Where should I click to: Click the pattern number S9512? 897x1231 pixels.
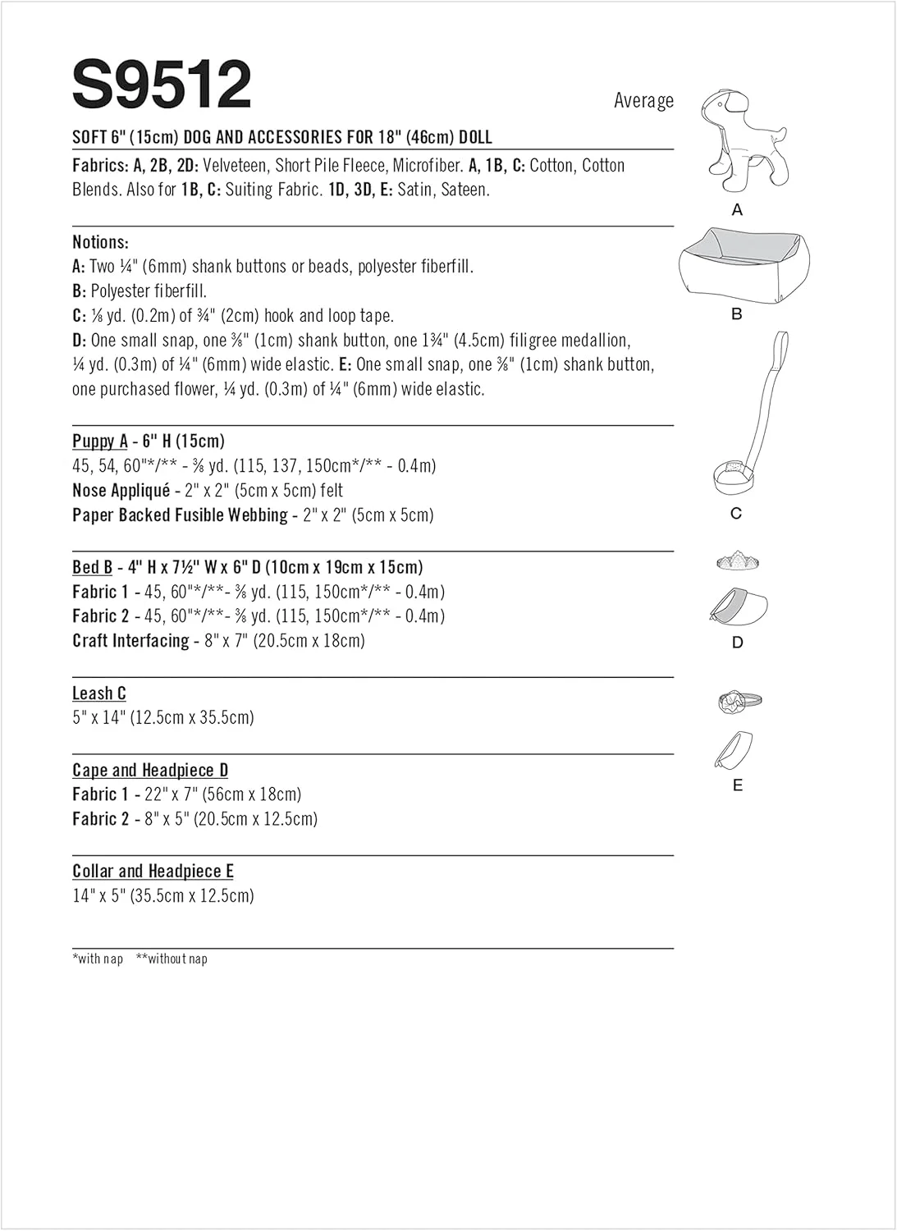click(162, 85)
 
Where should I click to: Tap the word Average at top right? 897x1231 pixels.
click(643, 101)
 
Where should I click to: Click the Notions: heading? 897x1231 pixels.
click(100, 242)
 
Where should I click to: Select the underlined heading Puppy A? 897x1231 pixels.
click(100, 442)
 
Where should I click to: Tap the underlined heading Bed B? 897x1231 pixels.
click(92, 567)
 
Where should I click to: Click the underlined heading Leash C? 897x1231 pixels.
click(99, 693)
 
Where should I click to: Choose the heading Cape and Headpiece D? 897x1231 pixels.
click(150, 770)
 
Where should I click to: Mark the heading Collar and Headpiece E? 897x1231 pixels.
click(153, 871)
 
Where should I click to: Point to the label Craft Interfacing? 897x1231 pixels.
click(130, 641)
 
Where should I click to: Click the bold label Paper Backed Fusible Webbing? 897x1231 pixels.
click(180, 515)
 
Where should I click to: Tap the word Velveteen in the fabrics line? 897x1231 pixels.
click(239, 166)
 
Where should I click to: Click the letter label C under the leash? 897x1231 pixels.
click(736, 513)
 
